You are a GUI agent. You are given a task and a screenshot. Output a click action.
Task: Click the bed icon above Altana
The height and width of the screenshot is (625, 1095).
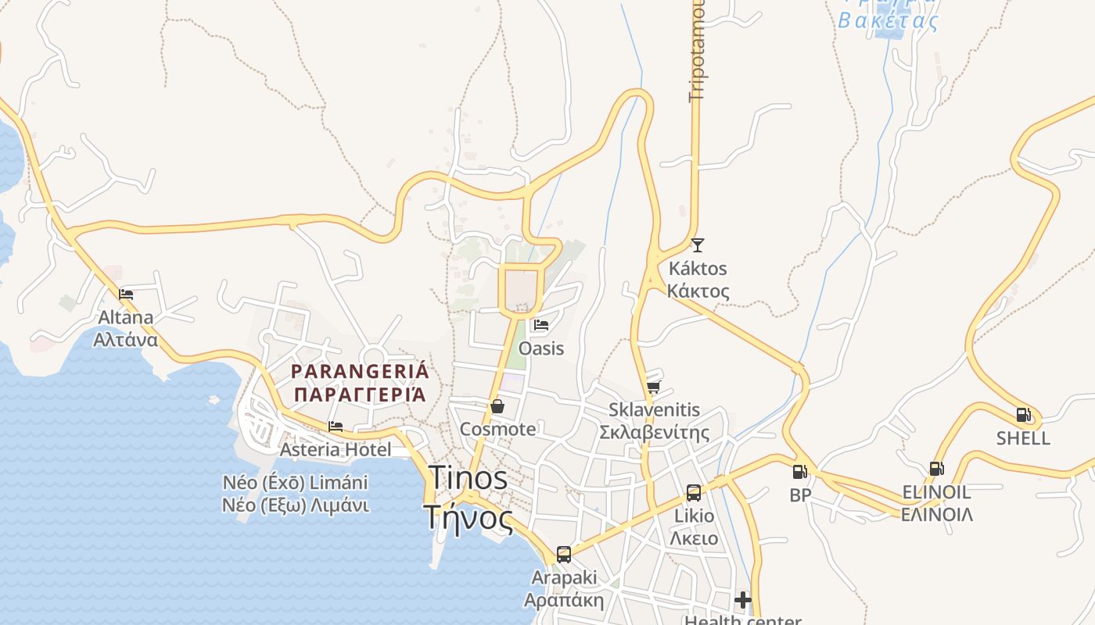coord(126,295)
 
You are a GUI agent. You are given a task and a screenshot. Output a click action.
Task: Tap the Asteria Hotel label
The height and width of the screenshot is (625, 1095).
coord(336,449)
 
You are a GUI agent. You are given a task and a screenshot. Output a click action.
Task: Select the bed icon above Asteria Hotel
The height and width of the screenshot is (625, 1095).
coord(336,427)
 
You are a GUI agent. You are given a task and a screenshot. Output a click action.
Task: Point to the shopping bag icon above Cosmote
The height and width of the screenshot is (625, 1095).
coord(497,406)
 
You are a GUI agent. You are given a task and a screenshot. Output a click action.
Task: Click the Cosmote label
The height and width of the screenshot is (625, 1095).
coord(498,429)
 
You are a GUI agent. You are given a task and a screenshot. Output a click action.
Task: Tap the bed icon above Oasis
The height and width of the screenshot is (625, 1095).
coord(540,325)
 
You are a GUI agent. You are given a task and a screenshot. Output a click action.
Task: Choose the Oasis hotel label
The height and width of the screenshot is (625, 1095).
coord(541,348)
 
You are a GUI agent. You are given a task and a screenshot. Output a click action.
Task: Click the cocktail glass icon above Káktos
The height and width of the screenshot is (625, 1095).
coord(698,245)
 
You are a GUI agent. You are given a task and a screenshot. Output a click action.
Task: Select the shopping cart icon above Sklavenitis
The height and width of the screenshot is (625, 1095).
coord(654,387)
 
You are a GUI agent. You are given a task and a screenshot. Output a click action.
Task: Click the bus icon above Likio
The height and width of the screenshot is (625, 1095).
coord(694,492)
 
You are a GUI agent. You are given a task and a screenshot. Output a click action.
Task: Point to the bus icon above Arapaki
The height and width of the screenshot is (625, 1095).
coord(564,555)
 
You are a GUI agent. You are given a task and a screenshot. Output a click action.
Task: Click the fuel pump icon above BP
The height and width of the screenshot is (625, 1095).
coord(799,472)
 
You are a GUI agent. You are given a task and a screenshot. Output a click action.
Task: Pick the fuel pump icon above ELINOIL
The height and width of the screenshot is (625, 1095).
coord(936,469)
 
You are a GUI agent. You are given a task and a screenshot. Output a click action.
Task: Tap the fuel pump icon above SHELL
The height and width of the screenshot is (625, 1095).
coord(1023,415)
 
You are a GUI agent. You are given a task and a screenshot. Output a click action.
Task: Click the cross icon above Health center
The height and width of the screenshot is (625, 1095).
coord(743,600)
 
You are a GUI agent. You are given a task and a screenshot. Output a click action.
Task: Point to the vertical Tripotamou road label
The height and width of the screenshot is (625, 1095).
coord(695,51)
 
